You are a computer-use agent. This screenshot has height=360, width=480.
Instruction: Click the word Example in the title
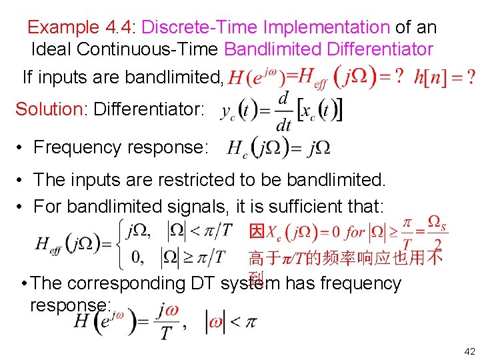(62, 28)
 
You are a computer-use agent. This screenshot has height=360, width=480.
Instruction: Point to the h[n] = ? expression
(443, 77)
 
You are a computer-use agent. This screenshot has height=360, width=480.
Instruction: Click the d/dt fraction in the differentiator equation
(283, 111)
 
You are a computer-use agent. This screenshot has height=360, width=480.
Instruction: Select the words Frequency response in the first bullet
(121, 147)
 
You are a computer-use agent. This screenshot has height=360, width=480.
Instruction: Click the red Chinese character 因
(257, 232)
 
